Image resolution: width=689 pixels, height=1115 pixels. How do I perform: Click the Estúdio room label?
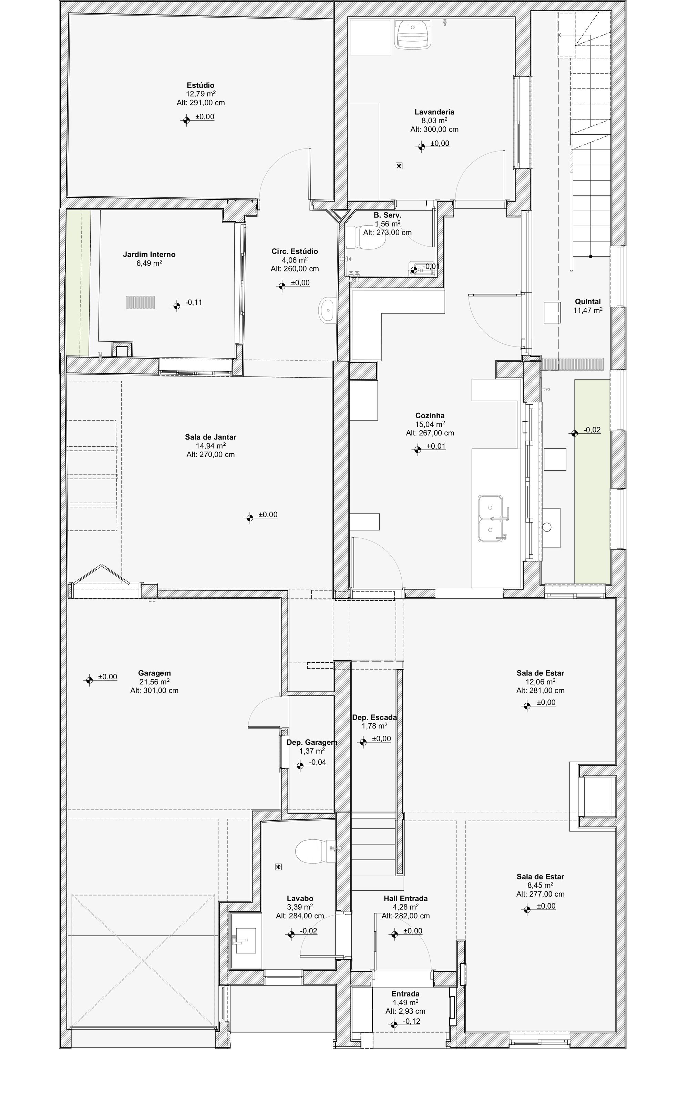(x=200, y=85)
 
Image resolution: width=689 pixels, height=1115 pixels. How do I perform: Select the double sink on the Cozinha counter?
(x=490, y=518)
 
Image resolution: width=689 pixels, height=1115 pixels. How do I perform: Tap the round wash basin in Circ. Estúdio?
(x=328, y=310)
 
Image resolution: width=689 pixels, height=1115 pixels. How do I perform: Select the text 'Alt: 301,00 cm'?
(x=154, y=690)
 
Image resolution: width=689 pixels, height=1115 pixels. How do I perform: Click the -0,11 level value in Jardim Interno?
(x=194, y=302)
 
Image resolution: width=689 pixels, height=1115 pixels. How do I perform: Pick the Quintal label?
(x=587, y=302)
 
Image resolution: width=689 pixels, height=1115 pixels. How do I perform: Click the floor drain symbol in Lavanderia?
(x=399, y=166)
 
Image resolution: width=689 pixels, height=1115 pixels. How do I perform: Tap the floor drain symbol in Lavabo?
(x=278, y=867)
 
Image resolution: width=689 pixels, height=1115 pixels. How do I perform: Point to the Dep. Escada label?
(x=374, y=717)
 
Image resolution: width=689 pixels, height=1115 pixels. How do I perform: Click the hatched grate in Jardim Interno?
(x=140, y=302)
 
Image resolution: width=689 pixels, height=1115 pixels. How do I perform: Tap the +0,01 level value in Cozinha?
(x=436, y=446)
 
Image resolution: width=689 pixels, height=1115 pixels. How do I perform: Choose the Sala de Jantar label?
(x=210, y=437)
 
